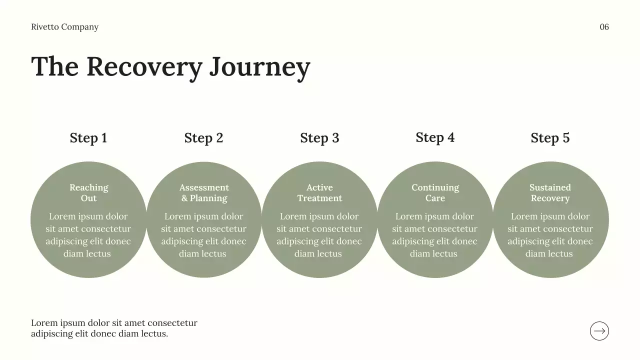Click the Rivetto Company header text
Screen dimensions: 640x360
click(x=65, y=27)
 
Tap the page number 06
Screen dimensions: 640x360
click(x=604, y=27)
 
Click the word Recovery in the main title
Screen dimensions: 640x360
click(x=144, y=67)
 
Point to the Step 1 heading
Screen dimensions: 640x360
click(x=88, y=137)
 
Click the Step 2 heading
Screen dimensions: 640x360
click(x=203, y=137)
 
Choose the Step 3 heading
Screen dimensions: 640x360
click(x=319, y=137)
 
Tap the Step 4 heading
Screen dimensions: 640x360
click(x=435, y=137)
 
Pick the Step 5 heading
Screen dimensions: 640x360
click(x=550, y=137)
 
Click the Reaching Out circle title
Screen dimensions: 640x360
click(x=89, y=192)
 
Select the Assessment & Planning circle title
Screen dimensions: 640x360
click(x=204, y=192)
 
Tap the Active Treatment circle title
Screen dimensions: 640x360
click(x=319, y=192)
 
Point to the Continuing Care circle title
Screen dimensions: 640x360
click(x=435, y=192)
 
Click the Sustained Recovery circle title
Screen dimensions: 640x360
click(x=550, y=192)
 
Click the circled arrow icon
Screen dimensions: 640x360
click(x=599, y=331)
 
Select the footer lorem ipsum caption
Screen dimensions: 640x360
click(x=114, y=328)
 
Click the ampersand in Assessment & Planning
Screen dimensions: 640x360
click(x=184, y=198)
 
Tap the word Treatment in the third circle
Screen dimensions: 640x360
click(x=319, y=198)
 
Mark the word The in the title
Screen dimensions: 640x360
click(x=55, y=66)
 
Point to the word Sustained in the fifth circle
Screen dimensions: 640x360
click(x=550, y=187)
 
